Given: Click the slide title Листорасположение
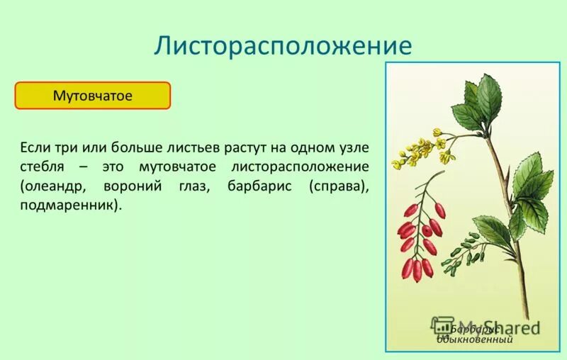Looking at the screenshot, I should click(283, 45).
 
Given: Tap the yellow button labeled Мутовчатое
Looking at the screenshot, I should click(93, 96).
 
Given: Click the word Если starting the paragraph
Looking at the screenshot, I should click(34, 147).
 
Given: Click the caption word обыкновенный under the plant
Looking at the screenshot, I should click(474, 340).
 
